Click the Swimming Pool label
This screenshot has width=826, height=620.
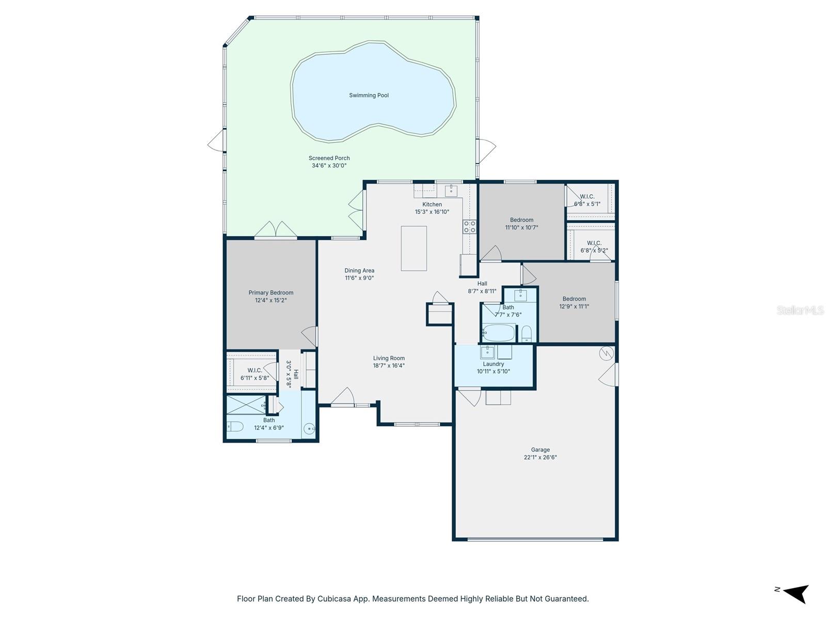click(x=369, y=95)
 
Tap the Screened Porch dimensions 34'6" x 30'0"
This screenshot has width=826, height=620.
click(x=329, y=166)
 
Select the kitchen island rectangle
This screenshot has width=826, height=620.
click(x=414, y=248)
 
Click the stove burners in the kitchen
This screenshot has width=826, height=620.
click(x=469, y=226)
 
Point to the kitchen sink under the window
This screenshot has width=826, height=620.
click(x=451, y=191)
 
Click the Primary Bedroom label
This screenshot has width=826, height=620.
click(x=271, y=292)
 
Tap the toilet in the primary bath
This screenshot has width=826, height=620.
click(x=235, y=427)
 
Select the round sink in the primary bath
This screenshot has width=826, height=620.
click(x=309, y=428)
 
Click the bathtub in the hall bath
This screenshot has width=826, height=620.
click(x=499, y=333)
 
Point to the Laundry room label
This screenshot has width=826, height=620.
click(x=493, y=364)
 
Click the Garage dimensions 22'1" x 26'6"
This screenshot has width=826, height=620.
click(x=540, y=457)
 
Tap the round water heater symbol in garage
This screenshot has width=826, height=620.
click(x=606, y=353)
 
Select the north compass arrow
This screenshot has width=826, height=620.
click(x=796, y=593)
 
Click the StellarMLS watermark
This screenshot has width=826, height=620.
click(x=800, y=311)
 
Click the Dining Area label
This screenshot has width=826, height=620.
click(x=359, y=270)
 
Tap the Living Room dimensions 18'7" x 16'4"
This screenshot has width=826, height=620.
click(x=389, y=366)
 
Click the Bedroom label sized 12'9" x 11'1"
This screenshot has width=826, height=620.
click(x=574, y=299)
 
